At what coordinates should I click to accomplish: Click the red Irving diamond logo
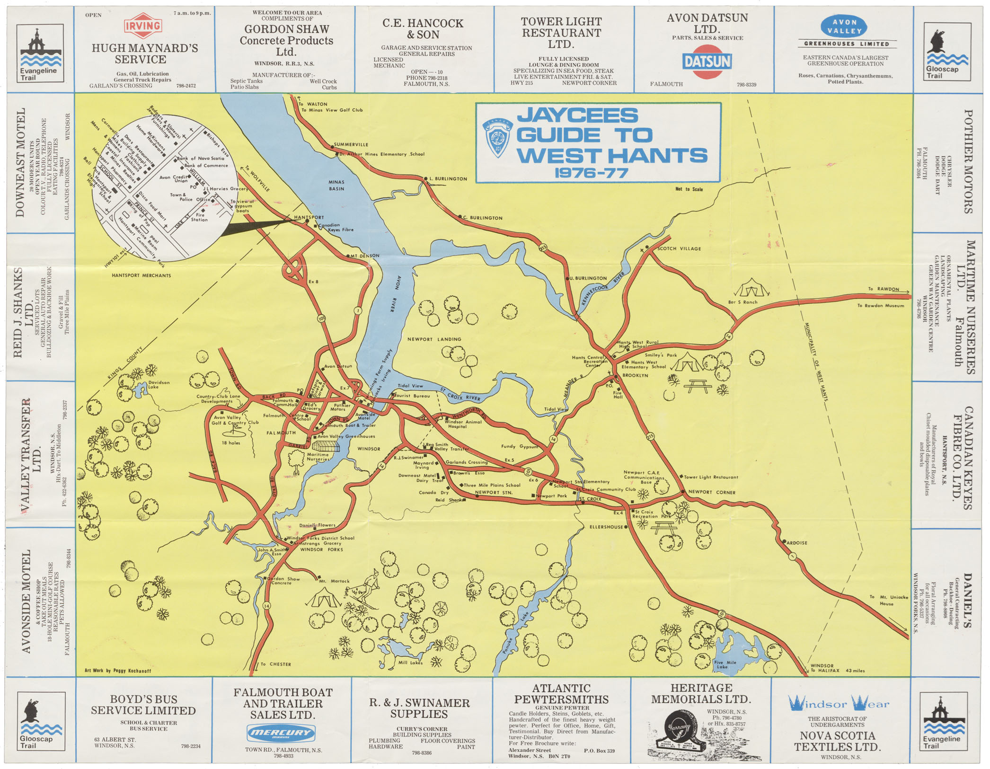(x=143, y=26)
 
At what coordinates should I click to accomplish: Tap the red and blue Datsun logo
(x=707, y=62)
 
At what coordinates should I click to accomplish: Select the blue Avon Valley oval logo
(x=845, y=27)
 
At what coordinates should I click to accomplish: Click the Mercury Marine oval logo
(x=281, y=734)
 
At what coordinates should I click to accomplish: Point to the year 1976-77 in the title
(x=591, y=173)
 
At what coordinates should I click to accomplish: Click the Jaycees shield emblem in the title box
(x=497, y=138)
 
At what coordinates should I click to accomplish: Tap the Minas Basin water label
(x=336, y=185)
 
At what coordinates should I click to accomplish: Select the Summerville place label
(x=351, y=144)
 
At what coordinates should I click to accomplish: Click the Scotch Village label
(x=679, y=248)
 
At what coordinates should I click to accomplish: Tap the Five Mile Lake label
(x=725, y=664)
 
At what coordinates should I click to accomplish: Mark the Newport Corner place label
(x=711, y=492)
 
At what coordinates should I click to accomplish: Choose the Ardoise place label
(x=796, y=543)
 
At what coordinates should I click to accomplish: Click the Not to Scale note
(x=689, y=189)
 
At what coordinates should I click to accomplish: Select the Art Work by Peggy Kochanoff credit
(x=118, y=671)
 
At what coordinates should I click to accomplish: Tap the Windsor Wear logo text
(x=839, y=704)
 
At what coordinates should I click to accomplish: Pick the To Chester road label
(x=275, y=664)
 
